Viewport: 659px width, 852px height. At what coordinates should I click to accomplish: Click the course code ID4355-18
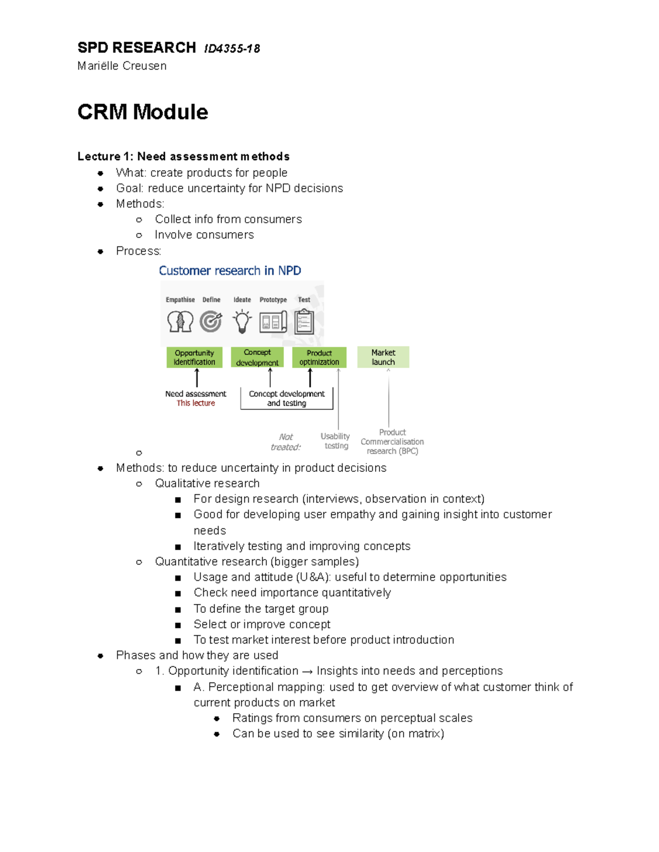pos(232,49)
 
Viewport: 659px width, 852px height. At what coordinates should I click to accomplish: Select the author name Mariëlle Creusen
pos(122,66)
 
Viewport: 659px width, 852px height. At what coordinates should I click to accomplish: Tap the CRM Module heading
pos(143,112)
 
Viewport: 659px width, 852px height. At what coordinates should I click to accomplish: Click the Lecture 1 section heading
pos(183,156)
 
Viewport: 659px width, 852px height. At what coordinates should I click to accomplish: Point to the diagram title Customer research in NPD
pos(230,270)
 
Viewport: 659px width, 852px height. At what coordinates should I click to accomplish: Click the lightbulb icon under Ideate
pos(242,321)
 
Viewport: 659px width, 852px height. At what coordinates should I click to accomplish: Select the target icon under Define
pos(211,321)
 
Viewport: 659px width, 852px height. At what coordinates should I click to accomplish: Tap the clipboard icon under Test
pos(304,321)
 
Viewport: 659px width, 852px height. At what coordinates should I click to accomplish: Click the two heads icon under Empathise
pos(180,321)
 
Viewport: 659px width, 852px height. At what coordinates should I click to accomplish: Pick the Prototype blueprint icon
pos(273,321)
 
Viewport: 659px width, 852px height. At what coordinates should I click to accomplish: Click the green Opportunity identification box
pos(194,357)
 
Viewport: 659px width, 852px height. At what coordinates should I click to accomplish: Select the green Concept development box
pos(257,357)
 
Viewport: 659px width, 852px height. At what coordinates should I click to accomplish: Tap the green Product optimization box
pos(319,357)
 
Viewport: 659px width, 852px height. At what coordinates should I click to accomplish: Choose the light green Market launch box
pos(383,357)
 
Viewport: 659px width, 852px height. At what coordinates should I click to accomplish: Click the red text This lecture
pos(196,403)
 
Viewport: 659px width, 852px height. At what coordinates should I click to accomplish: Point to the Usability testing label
pos(336,441)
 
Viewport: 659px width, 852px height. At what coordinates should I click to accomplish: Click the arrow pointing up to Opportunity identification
pos(197,378)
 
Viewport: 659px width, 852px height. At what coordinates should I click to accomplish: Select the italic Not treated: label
pos(286,442)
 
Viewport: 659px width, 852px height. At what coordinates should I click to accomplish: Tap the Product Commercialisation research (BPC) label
pos(392,442)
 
